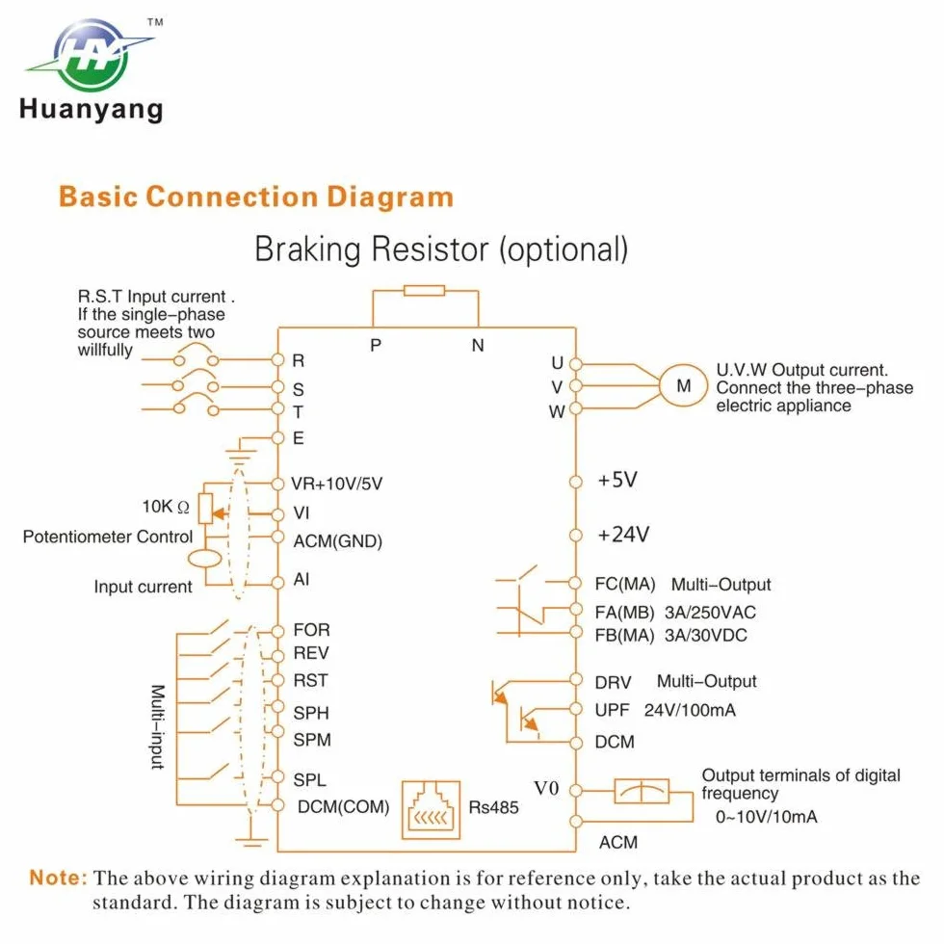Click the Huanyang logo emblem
[91, 55]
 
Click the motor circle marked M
[683, 386]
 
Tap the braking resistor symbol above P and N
[425, 291]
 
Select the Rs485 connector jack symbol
[432, 810]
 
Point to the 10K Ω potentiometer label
[166, 507]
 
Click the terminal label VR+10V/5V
[336, 484]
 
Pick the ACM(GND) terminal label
[338, 541]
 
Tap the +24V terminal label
[623, 535]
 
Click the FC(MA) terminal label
[625, 585]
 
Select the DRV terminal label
[613, 683]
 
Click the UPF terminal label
[612, 711]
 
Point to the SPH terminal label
[310, 714]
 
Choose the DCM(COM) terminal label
[343, 807]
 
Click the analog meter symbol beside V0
[642, 791]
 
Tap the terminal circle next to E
[277, 437]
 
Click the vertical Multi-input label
[158, 726]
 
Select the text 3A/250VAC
[710, 613]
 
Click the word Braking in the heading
[307, 249]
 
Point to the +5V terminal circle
[576, 482]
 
